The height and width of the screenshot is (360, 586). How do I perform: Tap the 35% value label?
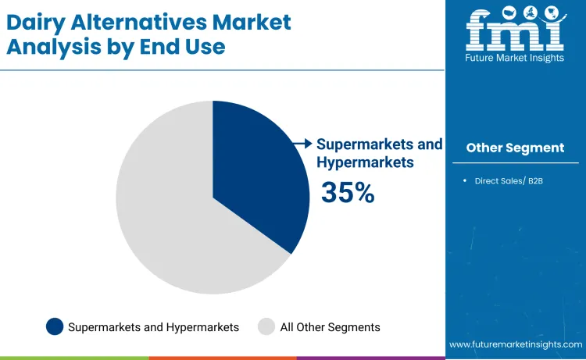[x=348, y=192]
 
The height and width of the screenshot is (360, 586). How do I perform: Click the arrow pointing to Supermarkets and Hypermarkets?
[x=301, y=143]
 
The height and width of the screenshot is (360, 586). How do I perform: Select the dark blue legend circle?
[x=55, y=326]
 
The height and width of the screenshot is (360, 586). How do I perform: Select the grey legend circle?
[x=266, y=326]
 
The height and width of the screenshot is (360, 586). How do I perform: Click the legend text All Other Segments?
[x=330, y=327]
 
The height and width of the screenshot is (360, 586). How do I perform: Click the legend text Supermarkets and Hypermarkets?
[x=153, y=327]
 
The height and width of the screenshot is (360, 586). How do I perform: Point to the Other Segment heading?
[x=515, y=148]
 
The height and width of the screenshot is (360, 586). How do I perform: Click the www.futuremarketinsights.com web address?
[x=516, y=344]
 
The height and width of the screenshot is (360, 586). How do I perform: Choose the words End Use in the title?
[x=186, y=46]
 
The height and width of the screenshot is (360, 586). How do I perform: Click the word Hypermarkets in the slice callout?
[x=365, y=162]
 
